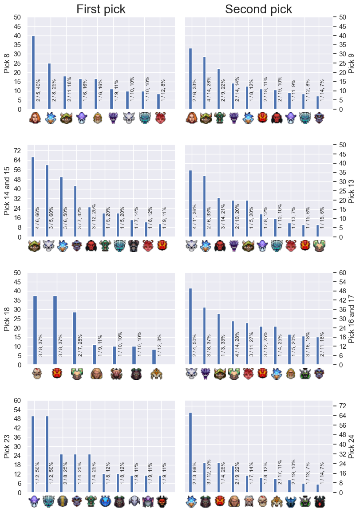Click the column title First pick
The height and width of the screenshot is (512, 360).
[101, 9]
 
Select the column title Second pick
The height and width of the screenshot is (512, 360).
[258, 9]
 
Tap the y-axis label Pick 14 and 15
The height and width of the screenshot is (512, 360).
[7, 191]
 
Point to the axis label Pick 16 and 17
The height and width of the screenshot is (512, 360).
[351, 319]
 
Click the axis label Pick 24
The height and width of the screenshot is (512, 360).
[351, 446]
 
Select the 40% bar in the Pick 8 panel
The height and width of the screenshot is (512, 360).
[33, 72]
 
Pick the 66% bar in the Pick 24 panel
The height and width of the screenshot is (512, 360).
[190, 452]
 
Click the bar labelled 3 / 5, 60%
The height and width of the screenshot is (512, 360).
[47, 201]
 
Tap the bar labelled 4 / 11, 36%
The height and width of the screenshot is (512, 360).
[190, 204]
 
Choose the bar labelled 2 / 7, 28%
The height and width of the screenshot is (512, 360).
[75, 338]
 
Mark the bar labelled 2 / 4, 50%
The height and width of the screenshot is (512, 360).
[190, 326]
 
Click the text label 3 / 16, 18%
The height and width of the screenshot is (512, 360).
[308, 344]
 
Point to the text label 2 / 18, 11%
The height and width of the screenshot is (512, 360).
[265, 89]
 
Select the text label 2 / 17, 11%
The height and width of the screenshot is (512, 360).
[280, 472]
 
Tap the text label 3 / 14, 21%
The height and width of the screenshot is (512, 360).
[223, 216]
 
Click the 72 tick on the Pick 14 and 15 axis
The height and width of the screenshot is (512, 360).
[17, 151]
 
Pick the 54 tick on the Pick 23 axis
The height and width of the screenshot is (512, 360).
[17, 410]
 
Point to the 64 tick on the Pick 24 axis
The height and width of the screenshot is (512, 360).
[343, 416]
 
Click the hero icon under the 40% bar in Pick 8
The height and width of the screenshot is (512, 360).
[34, 118]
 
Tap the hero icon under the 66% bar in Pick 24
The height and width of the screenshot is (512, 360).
[191, 501]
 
